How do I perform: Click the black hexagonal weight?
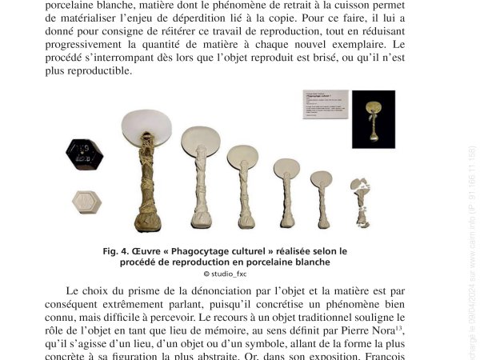point(85,155)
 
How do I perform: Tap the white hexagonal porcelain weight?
point(86,202)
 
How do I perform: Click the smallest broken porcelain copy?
point(361,204)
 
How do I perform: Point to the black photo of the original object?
point(373,119)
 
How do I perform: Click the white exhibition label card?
point(325,104)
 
